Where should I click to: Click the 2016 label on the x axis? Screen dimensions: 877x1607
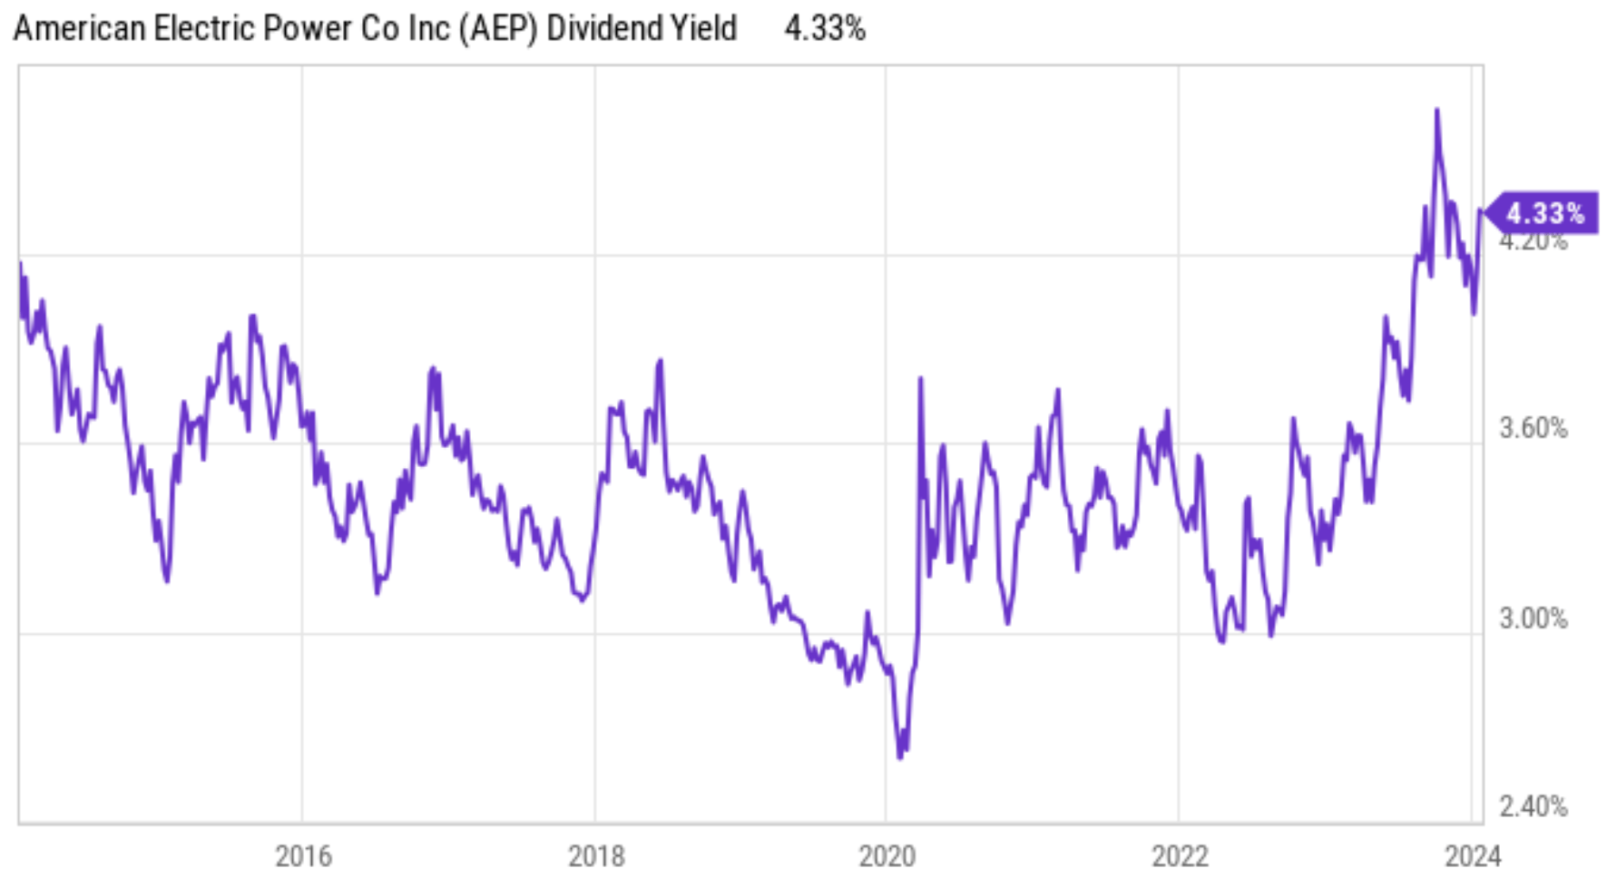coord(303,855)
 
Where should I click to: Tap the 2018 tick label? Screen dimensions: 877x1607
coord(596,855)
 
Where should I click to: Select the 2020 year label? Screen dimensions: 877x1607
coord(887,855)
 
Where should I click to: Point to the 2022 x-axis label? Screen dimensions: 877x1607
coord(1180,855)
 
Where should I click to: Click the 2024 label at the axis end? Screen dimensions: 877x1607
coord(1473,855)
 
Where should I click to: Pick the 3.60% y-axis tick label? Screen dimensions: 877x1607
coord(1533,428)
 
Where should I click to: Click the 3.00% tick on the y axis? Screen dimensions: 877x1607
coord(1533,619)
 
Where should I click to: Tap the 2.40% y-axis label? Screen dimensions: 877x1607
coord(1533,806)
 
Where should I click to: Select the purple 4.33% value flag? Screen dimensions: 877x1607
coord(1544,213)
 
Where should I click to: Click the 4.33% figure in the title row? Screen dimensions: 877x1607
coord(824,29)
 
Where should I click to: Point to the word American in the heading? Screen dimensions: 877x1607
coord(80,29)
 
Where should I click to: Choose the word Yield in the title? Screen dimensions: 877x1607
coord(703,29)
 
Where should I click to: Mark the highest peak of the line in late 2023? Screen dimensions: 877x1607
coord(1436,111)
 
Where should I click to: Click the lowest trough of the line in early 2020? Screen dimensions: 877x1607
coord(900,756)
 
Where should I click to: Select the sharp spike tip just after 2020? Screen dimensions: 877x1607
coord(920,378)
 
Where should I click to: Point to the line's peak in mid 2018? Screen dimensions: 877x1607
coord(661,361)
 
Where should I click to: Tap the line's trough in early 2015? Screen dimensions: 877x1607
coord(167,580)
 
